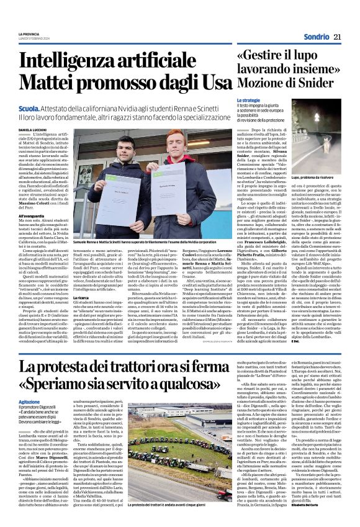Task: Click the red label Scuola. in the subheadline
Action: coord(47,108)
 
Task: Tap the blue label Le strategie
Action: coord(248,100)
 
